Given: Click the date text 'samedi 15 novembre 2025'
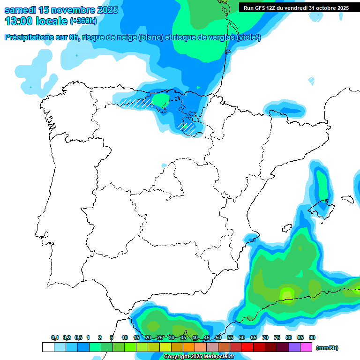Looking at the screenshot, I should coord(61,10).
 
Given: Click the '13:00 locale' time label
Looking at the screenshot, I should coord(36,21).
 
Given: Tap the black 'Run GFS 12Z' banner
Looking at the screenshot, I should coord(296,8).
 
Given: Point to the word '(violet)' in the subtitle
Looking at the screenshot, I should coord(249,37).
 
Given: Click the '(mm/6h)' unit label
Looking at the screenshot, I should coord(327,348).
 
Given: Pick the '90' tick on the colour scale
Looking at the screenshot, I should coord(312,337).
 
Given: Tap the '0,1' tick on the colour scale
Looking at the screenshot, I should coord(55,337).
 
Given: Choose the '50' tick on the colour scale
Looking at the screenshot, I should coord(218,337).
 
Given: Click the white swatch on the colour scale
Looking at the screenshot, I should coord(48,347).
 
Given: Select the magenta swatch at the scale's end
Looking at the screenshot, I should coord(306,347).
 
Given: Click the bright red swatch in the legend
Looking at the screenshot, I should coord(247,347).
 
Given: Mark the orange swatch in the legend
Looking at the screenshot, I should coord(189,347).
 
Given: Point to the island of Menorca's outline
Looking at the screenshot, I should coord(347,198).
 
